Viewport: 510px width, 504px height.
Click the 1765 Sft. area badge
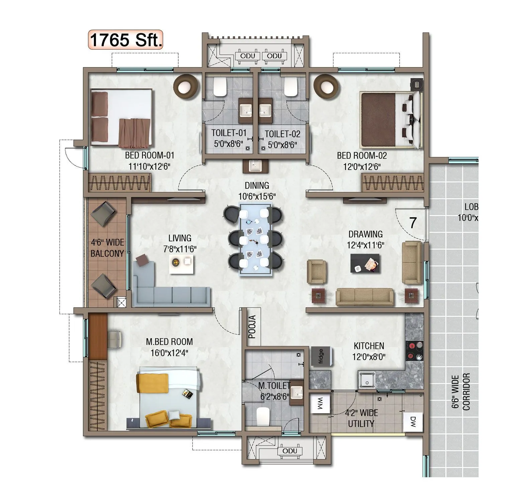click(x=125, y=40)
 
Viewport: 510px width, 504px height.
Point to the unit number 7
click(x=413, y=223)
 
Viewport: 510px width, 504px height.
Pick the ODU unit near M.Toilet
click(x=290, y=451)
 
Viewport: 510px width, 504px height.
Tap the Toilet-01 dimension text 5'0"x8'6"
click(x=229, y=144)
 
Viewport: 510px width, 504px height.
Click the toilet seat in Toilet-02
click(x=291, y=87)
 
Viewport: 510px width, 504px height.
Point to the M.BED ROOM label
click(x=169, y=342)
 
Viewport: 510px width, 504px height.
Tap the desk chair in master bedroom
click(x=115, y=339)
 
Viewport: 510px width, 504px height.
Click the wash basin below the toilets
click(x=256, y=166)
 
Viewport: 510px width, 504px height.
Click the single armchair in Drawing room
click(x=316, y=271)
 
